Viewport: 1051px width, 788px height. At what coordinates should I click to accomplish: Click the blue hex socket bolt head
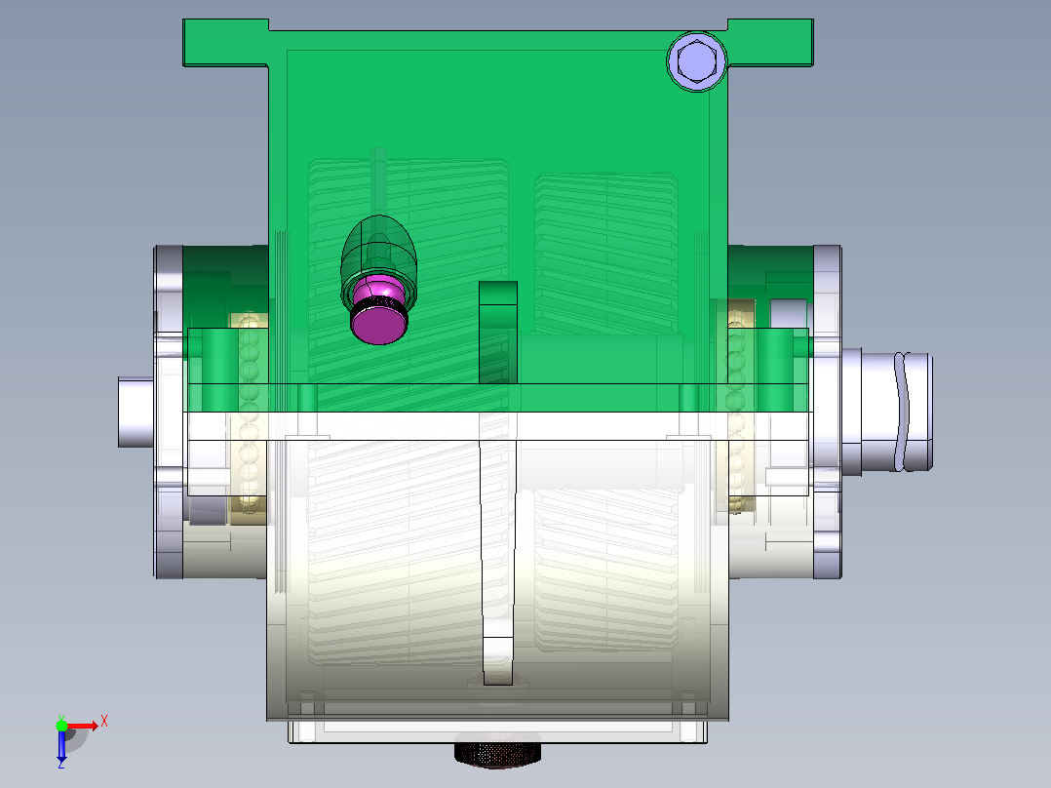click(697, 61)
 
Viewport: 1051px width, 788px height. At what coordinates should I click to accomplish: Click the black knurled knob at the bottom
click(497, 752)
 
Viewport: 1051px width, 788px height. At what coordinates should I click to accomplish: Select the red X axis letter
click(104, 722)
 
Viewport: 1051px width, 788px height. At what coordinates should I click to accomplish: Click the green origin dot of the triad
click(61, 726)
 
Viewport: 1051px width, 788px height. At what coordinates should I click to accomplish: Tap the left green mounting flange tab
click(226, 43)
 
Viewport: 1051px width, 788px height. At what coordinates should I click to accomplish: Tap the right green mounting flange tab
click(771, 43)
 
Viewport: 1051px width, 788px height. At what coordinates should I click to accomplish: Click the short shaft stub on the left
click(136, 412)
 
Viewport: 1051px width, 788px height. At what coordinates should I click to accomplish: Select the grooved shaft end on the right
click(887, 412)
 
